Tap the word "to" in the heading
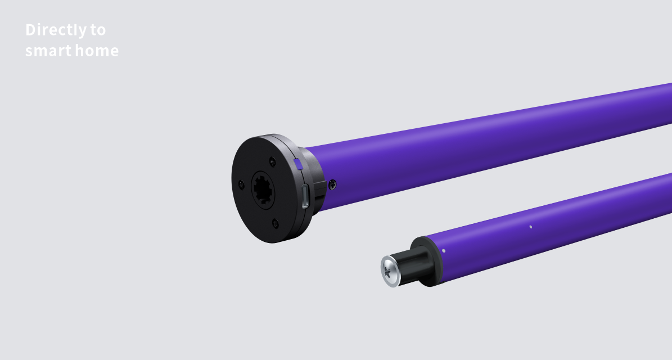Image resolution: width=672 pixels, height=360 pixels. click(x=98, y=30)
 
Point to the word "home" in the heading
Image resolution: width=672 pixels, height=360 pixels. click(x=97, y=50)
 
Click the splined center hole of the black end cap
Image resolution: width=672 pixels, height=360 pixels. click(x=262, y=190)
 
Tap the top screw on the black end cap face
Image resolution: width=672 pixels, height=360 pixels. click(x=272, y=161)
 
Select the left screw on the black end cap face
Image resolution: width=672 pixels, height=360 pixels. click(x=241, y=184)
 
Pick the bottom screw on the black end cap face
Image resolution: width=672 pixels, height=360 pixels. click(x=275, y=223)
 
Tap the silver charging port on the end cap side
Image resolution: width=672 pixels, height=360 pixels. click(x=305, y=196)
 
